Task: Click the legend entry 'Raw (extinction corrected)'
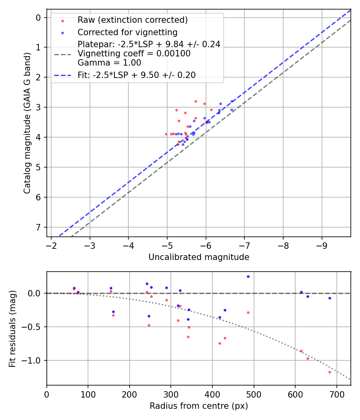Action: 132,20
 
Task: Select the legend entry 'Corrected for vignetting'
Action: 127,32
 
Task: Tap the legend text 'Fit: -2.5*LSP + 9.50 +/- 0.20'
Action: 136,75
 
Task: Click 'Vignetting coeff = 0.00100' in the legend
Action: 134,53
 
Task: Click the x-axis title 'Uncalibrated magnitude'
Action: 199,257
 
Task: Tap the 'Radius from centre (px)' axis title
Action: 199,406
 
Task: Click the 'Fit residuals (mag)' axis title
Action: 13,328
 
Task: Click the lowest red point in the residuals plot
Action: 330,372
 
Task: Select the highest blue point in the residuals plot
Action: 248,276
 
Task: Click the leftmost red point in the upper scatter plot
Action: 166,134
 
